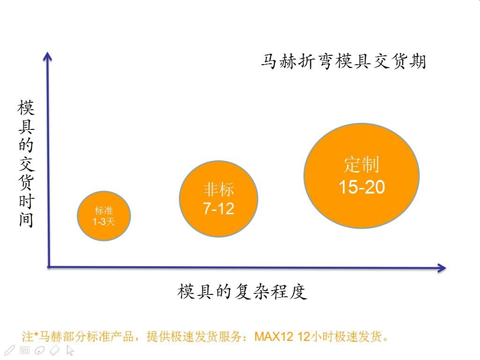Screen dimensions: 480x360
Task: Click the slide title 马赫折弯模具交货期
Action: coord(343,61)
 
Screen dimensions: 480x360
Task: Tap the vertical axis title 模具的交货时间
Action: coord(26,164)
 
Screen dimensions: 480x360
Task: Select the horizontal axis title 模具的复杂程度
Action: coord(242,292)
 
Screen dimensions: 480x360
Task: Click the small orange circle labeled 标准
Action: coord(104,216)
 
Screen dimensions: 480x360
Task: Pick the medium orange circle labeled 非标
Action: coord(219,199)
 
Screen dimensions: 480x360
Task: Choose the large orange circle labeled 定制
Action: coord(362,176)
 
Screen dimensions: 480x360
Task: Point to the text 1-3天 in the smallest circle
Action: coord(104,222)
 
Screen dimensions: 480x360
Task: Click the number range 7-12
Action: coord(219,209)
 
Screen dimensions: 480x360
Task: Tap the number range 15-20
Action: coord(362,187)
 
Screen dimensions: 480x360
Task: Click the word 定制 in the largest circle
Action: coord(362,165)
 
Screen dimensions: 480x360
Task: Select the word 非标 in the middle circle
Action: coord(219,189)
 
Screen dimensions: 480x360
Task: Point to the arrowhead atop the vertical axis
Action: coord(47,56)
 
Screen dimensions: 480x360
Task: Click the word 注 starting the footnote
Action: coord(27,337)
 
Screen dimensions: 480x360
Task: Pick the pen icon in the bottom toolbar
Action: coord(9,350)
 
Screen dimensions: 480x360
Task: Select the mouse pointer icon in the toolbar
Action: coord(70,350)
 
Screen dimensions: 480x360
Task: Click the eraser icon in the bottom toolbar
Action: coord(55,350)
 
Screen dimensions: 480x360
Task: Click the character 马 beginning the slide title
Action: coord(269,61)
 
